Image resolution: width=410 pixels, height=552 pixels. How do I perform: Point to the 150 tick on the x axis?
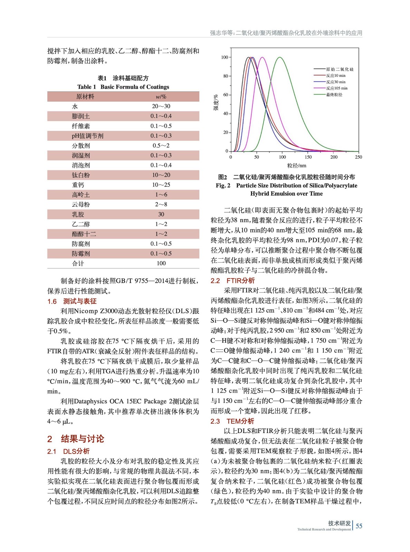tap(308, 157)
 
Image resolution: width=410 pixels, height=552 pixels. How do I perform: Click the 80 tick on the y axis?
tap(225, 76)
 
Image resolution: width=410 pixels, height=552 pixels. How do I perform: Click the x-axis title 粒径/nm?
tap(296, 166)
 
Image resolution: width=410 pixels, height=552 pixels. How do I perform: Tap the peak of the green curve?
tap(280, 57)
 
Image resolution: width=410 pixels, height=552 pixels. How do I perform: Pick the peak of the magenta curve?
tap(263, 57)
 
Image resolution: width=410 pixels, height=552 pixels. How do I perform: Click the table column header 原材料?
tap(85, 97)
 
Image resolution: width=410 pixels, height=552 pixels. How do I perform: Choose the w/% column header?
tap(161, 97)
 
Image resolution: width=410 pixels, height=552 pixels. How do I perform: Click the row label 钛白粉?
tap(81, 175)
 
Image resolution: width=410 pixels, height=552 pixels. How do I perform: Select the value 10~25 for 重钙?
tap(161, 185)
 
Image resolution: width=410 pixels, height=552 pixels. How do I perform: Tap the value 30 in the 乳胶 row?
tap(161, 214)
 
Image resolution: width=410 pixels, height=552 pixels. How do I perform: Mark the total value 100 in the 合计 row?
tap(161, 263)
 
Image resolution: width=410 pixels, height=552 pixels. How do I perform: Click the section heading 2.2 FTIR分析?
tap(232, 280)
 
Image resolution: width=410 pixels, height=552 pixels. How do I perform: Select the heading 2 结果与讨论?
tap(76, 439)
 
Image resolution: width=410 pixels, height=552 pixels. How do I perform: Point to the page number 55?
tap(359, 526)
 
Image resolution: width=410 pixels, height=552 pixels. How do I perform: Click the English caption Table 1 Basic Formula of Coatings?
tap(123, 87)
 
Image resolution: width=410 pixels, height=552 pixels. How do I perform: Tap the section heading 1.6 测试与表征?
tap(72, 301)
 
